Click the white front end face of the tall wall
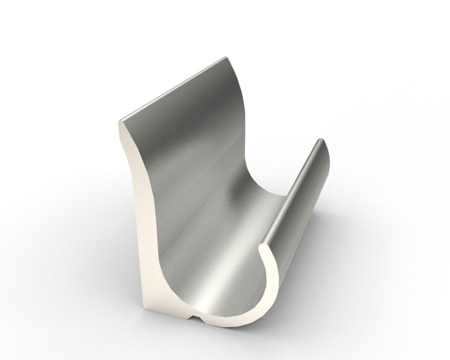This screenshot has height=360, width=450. click(135, 193)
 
